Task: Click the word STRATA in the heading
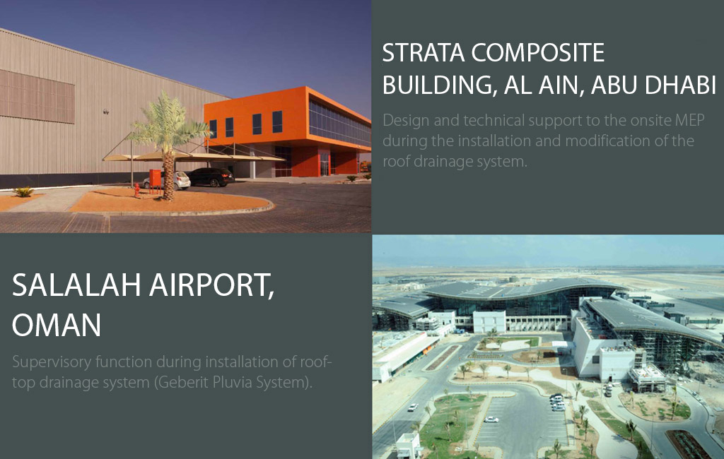pyautogui.click(x=424, y=52)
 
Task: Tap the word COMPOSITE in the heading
pyautogui.click(x=538, y=52)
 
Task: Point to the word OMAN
pyautogui.click(x=57, y=325)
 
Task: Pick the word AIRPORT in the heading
pyautogui.click(x=211, y=287)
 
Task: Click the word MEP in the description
pyautogui.click(x=689, y=121)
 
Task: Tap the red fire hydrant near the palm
pyautogui.click(x=137, y=191)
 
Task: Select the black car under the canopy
pyautogui.click(x=211, y=177)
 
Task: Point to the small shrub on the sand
pyautogui.click(x=23, y=191)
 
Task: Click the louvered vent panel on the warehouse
pyautogui.click(x=37, y=96)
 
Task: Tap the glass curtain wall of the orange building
pyautogui.click(x=339, y=123)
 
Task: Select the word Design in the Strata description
pyautogui.click(x=407, y=121)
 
